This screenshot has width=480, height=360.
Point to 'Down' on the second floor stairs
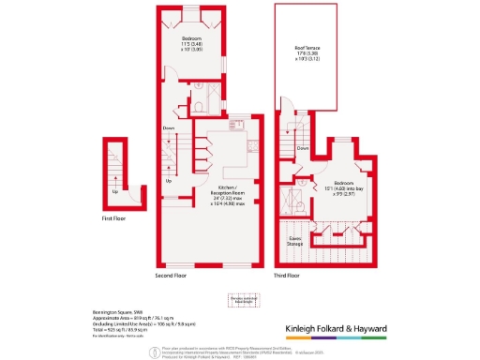pos(168,127)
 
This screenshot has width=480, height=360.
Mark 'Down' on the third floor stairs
pos(303,147)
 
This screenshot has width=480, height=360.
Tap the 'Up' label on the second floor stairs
pos(169,180)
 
